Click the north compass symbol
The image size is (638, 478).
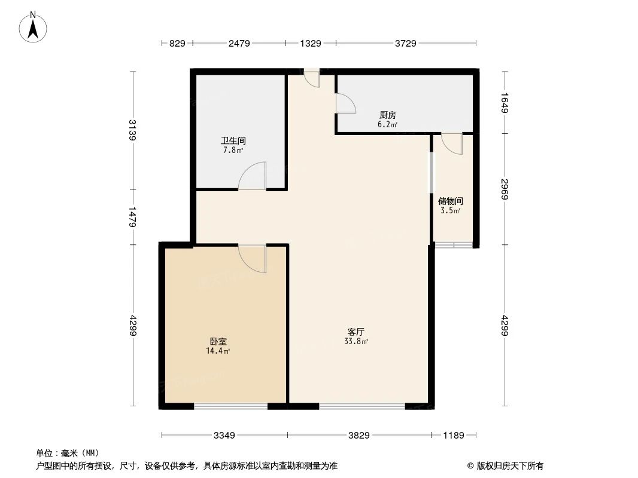[34, 27]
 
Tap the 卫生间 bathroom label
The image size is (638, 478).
[233, 141]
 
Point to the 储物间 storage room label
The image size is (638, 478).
[451, 201]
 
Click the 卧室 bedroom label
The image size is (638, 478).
[218, 342]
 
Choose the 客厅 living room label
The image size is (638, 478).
[356, 332]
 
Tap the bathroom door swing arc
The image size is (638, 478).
[252, 176]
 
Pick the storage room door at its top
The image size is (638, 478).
[451, 144]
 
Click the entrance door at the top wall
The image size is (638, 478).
[311, 78]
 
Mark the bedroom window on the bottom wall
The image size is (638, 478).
[231, 406]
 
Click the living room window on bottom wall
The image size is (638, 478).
[361, 406]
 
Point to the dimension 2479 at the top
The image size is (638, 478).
[238, 43]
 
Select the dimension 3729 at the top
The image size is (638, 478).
[405, 43]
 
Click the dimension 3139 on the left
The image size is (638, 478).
[132, 130]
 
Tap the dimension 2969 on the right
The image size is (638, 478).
[505, 189]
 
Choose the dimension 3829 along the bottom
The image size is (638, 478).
[359, 436]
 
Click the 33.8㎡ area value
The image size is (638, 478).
[356, 342]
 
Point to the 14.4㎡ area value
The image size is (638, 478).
[218, 351]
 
